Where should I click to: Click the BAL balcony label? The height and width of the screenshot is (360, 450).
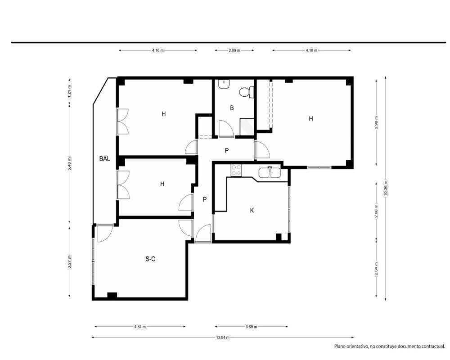(x=104, y=158)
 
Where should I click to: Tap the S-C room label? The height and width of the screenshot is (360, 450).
(x=150, y=259)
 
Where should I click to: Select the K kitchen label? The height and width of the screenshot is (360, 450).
(x=252, y=211)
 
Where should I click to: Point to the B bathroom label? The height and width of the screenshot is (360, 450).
(x=232, y=108)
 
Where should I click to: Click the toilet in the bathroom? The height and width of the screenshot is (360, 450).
(x=247, y=92)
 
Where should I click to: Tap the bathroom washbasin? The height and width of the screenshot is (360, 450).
(x=224, y=84)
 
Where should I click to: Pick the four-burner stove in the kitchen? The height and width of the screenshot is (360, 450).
(x=237, y=170)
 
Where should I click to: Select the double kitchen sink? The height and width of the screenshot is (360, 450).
(x=270, y=172)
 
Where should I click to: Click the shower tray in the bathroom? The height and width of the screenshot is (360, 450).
(x=247, y=126)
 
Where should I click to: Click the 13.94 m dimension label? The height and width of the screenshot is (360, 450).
(x=223, y=337)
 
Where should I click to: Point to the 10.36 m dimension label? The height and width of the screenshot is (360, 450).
(x=386, y=188)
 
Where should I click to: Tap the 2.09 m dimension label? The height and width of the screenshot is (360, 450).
(x=234, y=50)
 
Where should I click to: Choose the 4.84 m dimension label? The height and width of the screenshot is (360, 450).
(x=140, y=327)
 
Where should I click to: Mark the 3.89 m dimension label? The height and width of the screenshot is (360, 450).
(x=251, y=327)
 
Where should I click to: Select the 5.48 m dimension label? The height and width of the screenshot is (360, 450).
(x=69, y=164)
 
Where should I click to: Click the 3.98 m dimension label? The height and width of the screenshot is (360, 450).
(x=376, y=122)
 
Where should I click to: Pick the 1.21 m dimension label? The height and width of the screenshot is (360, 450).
(x=69, y=91)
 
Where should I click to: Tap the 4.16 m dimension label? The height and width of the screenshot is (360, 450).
(x=157, y=50)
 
